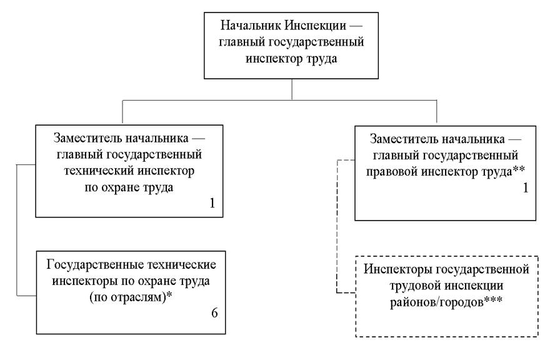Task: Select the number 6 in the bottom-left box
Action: [x=214, y=312]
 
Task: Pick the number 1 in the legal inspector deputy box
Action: [x=525, y=187]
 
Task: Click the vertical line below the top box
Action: [x=292, y=89]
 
